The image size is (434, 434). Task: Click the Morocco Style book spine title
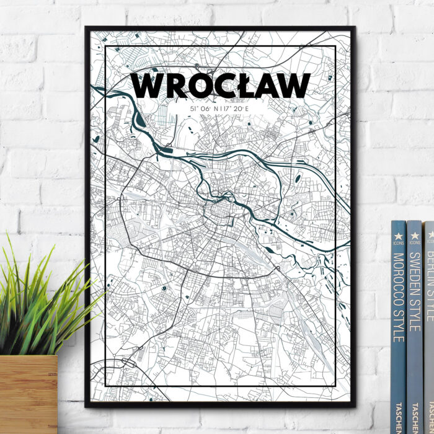pyautogui.click(x=399, y=297)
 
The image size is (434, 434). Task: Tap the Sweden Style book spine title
pyautogui.click(x=414, y=291)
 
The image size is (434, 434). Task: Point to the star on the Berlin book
pyautogui.click(x=430, y=234)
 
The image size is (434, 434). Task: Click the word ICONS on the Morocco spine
pyautogui.click(x=398, y=244)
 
